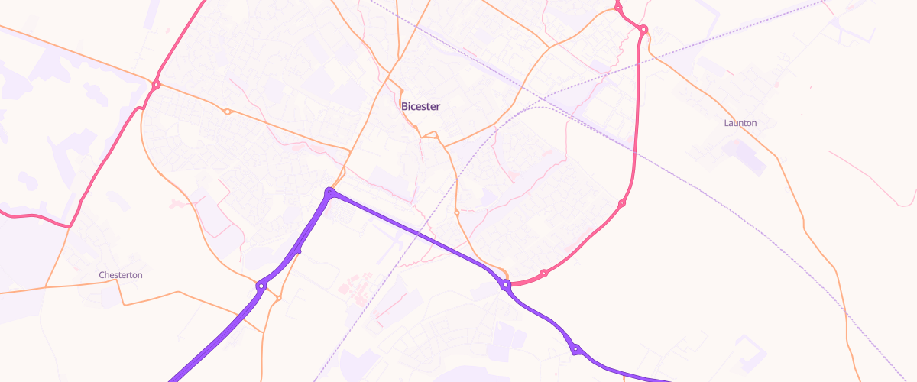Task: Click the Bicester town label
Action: tap(420, 107)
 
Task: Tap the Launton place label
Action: tap(740, 123)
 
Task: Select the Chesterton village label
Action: tap(121, 275)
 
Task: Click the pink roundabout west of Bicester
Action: tap(156, 85)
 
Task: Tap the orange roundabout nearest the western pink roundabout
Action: tap(227, 112)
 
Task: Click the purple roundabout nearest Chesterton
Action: tap(261, 286)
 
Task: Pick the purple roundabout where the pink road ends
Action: tap(506, 285)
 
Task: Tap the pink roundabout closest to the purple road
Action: tap(543, 273)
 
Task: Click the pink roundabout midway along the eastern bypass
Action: tap(622, 203)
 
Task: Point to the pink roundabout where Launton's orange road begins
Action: tap(643, 30)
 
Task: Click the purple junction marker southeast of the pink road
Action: tap(575, 350)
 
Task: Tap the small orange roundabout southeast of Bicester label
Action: tap(456, 212)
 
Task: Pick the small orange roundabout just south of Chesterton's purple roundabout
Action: tap(278, 297)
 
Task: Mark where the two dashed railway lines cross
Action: tap(544, 99)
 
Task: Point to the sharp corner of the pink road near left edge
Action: tap(69, 226)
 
